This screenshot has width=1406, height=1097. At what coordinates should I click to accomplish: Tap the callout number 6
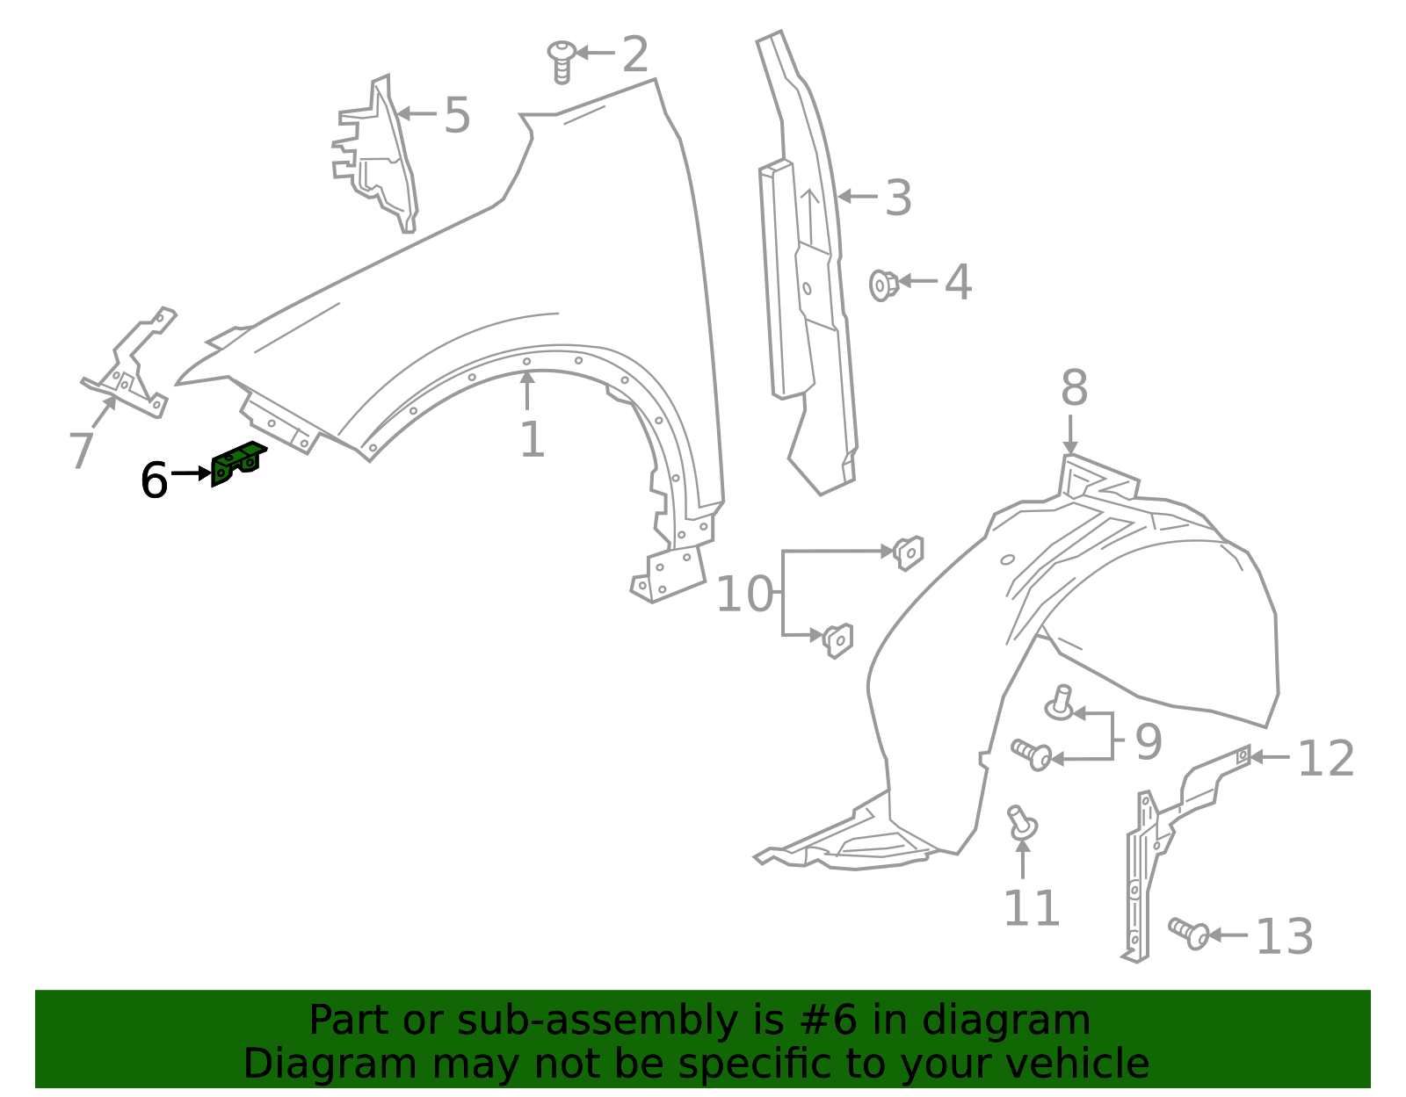pyautogui.click(x=154, y=480)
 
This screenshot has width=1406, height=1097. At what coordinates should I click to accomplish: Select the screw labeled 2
pyautogui.click(x=562, y=62)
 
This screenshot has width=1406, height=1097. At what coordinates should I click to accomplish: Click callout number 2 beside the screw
pyautogui.click(x=634, y=54)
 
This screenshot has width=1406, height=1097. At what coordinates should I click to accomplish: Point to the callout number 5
pyautogui.click(x=457, y=115)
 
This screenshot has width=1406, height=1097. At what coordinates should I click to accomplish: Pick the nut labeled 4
pyautogui.click(x=883, y=285)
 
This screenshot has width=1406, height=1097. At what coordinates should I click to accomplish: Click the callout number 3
pyautogui.click(x=899, y=198)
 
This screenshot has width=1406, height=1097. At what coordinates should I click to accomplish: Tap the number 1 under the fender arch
pyautogui.click(x=533, y=439)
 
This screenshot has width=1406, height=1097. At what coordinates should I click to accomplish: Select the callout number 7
pyautogui.click(x=82, y=450)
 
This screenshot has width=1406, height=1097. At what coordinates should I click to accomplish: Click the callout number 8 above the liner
pyautogui.click(x=1074, y=388)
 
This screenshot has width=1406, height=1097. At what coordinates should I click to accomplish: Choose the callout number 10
pyautogui.click(x=744, y=594)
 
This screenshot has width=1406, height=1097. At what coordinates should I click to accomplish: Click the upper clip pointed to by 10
pyautogui.click(x=909, y=552)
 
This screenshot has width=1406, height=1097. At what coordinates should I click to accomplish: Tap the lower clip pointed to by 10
pyautogui.click(x=838, y=640)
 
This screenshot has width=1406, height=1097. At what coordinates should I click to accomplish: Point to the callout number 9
pyautogui.click(x=1149, y=742)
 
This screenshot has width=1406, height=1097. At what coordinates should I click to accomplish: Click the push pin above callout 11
pyautogui.click(x=1022, y=822)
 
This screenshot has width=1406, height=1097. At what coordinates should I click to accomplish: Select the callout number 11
pyautogui.click(x=1032, y=908)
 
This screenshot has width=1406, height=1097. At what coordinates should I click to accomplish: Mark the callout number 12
pyautogui.click(x=1326, y=759)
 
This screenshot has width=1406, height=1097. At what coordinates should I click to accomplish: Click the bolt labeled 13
pyautogui.click(x=1189, y=933)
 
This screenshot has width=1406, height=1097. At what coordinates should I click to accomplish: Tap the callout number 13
pyautogui.click(x=1285, y=936)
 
